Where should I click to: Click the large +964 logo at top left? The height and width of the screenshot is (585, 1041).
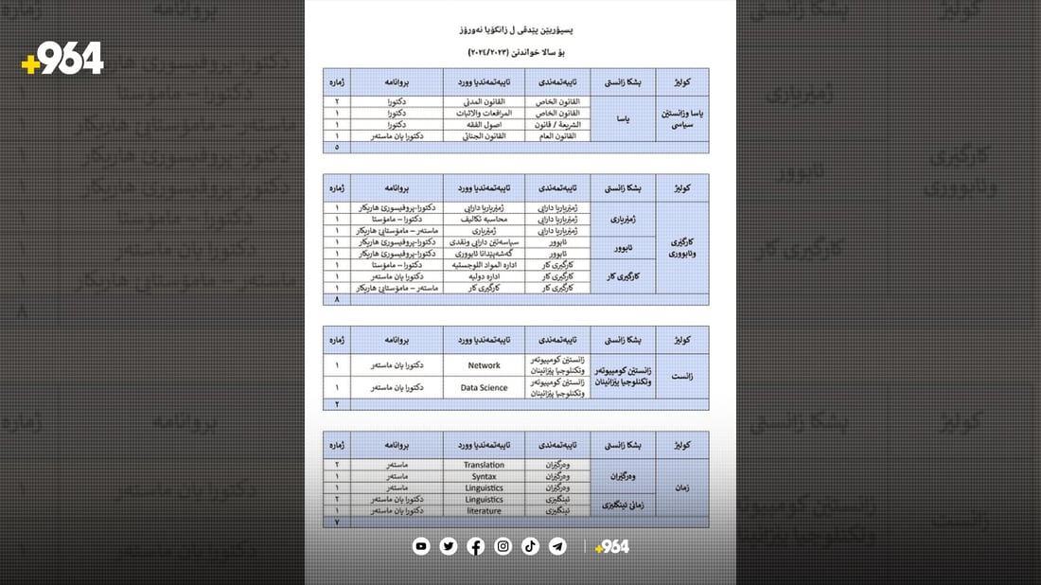point(62,60)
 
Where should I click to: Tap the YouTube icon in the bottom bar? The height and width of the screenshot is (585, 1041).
point(421,546)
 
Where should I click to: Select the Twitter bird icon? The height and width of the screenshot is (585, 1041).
point(449,546)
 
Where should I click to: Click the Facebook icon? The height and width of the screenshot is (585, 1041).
point(476,546)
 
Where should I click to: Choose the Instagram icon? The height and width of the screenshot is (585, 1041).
point(503,546)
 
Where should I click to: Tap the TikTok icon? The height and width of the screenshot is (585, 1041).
point(531,546)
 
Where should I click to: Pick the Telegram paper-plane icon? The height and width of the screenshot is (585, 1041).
point(558,546)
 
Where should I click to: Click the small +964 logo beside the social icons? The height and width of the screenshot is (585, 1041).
point(611,546)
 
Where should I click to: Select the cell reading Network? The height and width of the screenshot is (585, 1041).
point(484,364)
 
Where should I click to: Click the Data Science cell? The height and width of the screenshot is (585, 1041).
point(484,387)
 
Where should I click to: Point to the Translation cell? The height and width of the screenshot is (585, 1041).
point(484,465)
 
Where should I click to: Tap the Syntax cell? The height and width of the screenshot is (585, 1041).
point(484,476)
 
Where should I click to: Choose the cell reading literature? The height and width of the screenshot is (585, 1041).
point(484,510)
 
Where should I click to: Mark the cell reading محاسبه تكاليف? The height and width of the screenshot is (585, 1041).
point(484,219)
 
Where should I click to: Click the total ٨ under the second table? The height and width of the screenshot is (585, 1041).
point(337,299)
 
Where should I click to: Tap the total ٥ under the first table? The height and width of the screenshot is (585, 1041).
point(337,147)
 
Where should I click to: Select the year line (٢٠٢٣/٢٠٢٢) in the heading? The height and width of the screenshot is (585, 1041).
point(520,50)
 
